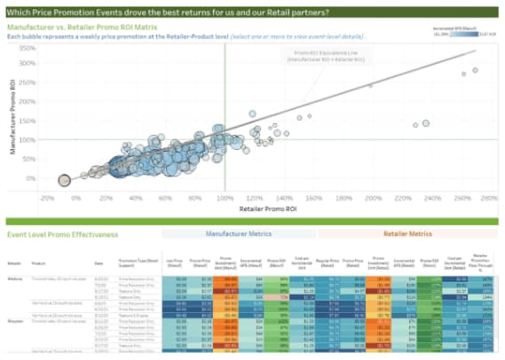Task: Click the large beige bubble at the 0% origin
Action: (x=64, y=180)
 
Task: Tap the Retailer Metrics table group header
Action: (x=407, y=234)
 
